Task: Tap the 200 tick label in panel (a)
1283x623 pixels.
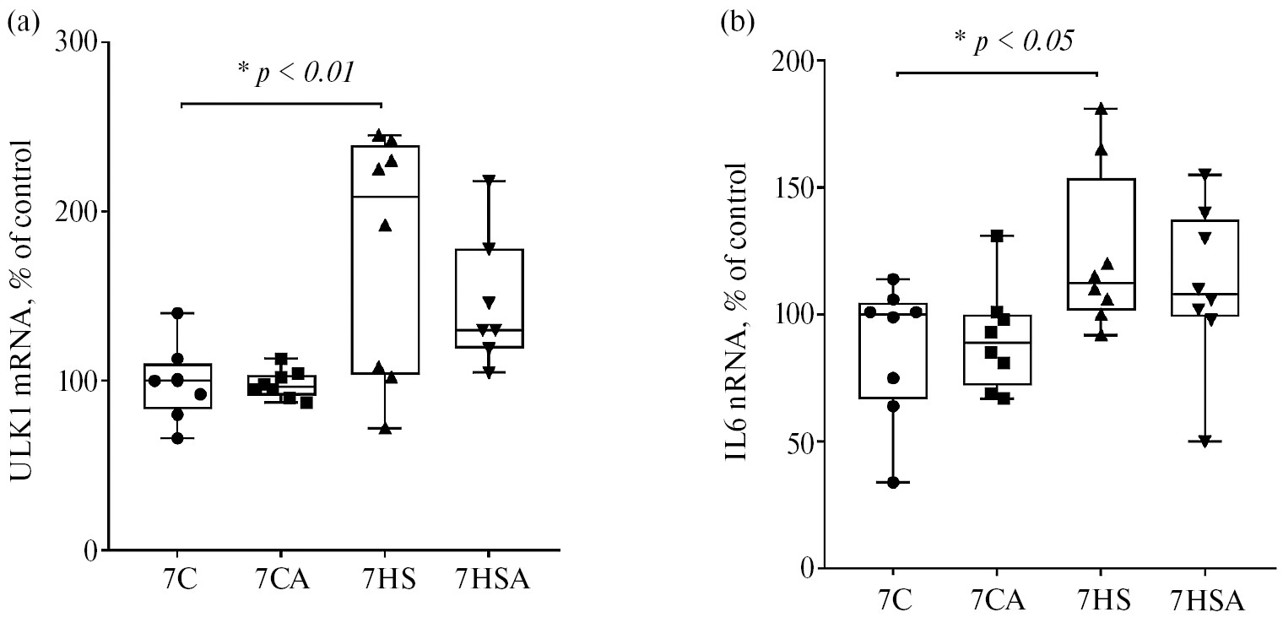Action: [78, 212]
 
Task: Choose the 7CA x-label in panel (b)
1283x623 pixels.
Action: [999, 602]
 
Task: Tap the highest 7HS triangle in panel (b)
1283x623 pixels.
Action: [1101, 109]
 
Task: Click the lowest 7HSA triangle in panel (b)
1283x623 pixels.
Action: [1205, 442]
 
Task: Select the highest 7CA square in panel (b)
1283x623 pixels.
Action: [997, 236]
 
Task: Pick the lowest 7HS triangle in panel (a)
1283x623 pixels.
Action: [385, 428]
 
